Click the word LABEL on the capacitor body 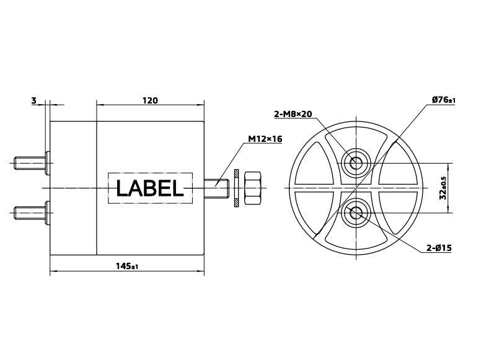tap(149, 188)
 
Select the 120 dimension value tap(150, 100)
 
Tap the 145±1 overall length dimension tap(126, 266)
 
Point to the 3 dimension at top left tap(34, 100)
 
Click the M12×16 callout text tap(265, 139)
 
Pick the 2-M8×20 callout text tap(293, 113)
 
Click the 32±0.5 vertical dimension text tap(443, 188)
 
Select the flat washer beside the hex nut tap(236, 188)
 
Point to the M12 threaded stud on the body tap(217, 184)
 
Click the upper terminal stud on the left tap(29, 164)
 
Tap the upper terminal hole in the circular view tap(356, 163)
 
